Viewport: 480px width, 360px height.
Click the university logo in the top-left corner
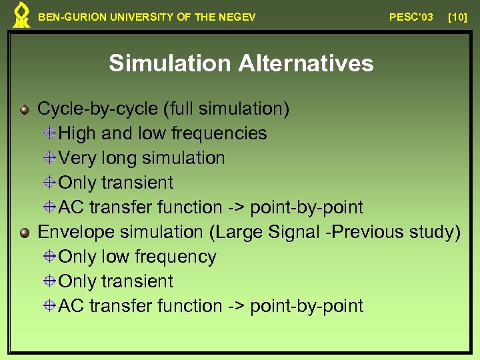(22, 15)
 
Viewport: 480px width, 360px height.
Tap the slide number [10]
(457, 17)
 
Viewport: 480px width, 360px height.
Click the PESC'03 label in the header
(411, 17)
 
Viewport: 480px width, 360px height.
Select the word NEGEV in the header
(239, 17)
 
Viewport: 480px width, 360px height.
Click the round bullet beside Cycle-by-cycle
(25, 109)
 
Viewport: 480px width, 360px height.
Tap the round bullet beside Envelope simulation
(25, 233)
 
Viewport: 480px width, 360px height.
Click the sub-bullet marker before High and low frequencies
(50, 133)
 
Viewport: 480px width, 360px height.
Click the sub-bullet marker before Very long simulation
(50, 158)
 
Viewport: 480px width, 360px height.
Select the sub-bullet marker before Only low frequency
(50, 257)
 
